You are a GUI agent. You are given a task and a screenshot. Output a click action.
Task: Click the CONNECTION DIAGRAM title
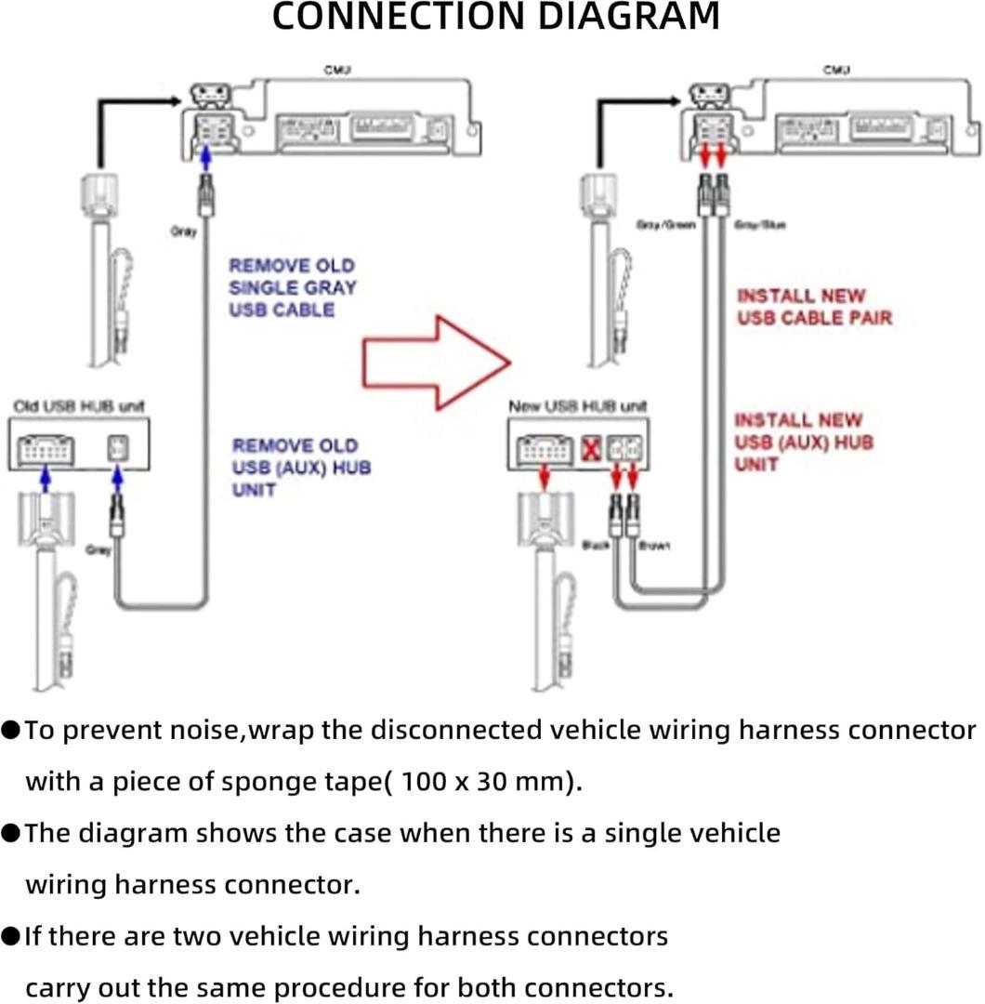pyautogui.click(x=495, y=17)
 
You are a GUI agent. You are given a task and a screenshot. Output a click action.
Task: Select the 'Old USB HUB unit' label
pyautogui.click(x=79, y=406)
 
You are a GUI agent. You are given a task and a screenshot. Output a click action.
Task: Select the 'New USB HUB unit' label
pyautogui.click(x=578, y=406)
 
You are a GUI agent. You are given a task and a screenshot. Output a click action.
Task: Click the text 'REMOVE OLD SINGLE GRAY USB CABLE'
pyautogui.click(x=293, y=287)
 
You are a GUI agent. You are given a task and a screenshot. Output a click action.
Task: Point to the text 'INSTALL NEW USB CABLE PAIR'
pyautogui.click(x=814, y=307)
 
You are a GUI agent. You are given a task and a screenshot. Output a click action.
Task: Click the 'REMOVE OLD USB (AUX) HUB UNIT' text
pyautogui.click(x=301, y=467)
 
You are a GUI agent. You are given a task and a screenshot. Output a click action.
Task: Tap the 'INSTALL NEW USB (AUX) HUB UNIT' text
pyautogui.click(x=804, y=442)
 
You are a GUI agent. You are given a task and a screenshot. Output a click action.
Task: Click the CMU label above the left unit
pyautogui.click(x=336, y=71)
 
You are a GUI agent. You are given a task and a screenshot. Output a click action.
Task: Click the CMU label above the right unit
pyautogui.click(x=836, y=71)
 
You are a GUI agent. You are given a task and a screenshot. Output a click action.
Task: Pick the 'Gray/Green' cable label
pyautogui.click(x=665, y=225)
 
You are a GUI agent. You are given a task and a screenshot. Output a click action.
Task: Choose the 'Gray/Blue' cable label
pyautogui.click(x=760, y=225)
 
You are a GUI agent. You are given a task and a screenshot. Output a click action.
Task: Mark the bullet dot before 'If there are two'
pyautogui.click(x=11, y=935)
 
